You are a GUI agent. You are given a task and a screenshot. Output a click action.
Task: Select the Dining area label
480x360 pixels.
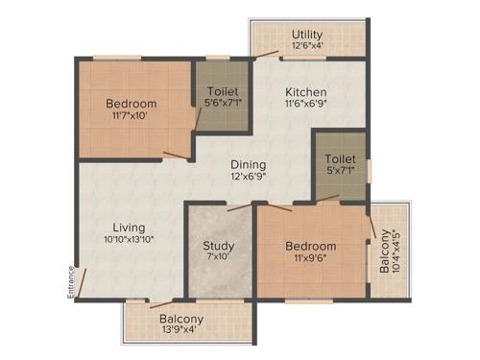(x=249, y=163)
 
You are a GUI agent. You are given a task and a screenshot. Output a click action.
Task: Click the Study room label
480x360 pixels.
(x=219, y=246)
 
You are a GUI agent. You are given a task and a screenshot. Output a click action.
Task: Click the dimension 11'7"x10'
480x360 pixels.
(x=131, y=116)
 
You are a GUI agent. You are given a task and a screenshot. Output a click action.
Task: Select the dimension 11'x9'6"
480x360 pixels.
(x=311, y=258)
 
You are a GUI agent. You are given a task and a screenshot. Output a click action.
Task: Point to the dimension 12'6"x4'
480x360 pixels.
(x=308, y=45)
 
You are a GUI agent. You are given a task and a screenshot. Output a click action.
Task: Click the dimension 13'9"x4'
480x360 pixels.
(x=181, y=331)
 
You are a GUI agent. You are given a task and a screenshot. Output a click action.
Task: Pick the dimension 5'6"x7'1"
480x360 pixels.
(x=222, y=105)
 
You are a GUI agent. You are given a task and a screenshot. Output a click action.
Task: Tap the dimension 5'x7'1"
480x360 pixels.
(x=340, y=172)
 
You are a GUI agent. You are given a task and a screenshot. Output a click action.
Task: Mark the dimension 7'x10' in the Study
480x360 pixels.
(x=219, y=258)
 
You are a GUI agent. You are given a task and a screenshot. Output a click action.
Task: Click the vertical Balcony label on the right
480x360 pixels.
(x=384, y=252)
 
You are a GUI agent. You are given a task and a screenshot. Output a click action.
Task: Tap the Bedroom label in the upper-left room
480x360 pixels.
(x=131, y=104)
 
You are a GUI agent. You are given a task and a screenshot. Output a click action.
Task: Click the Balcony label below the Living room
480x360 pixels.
(x=181, y=319)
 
